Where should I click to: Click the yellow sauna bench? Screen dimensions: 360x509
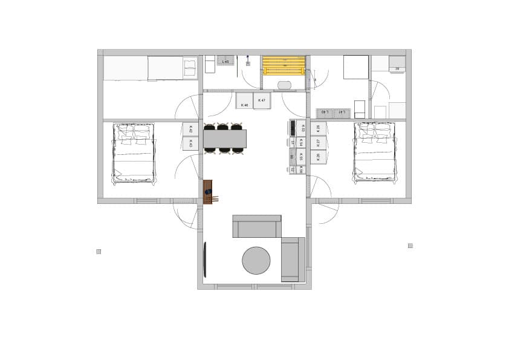click(284, 65)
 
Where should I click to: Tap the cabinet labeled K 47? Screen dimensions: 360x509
click(262, 100)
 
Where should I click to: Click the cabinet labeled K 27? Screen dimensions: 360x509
click(318, 142)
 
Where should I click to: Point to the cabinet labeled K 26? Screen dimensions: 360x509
click(318, 128)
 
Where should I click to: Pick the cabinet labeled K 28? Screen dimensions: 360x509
click(318, 157)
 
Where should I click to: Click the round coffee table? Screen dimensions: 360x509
click(256, 261)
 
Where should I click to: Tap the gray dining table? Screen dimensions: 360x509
click(225, 139)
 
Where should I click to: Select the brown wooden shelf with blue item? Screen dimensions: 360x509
click(209, 192)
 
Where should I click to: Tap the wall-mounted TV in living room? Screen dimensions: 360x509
click(205, 260)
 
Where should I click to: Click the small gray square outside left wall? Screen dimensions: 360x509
click(99, 251)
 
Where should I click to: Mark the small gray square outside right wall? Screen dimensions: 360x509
click(410, 246)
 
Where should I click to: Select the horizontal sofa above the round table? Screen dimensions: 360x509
click(257, 226)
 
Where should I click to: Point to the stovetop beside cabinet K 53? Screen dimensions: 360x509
click(293, 128)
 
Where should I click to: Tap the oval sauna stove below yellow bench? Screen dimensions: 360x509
click(284, 85)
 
